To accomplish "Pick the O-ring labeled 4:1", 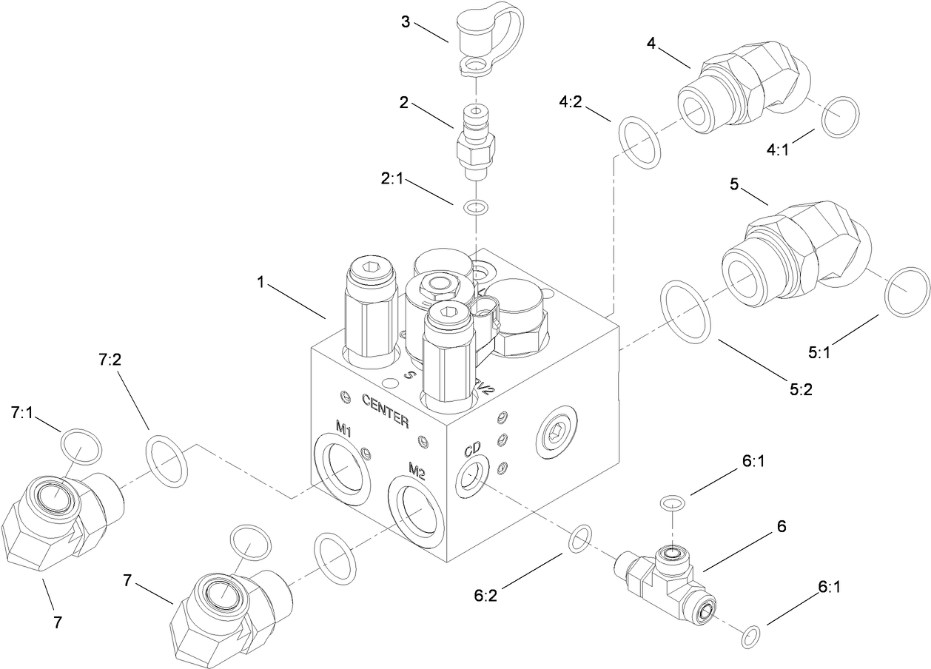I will click(841, 116).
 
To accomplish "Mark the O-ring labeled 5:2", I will click(688, 312).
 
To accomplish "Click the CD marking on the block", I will click(472, 449).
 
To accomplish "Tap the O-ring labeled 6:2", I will click(579, 539).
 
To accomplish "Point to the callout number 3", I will click(406, 21).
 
